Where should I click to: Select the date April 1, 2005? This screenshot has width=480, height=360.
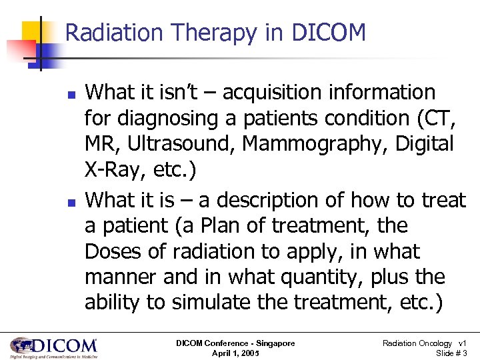click(235, 353)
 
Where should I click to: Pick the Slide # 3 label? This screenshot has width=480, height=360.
click(451, 353)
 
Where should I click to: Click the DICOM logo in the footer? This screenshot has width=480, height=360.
click(53, 347)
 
